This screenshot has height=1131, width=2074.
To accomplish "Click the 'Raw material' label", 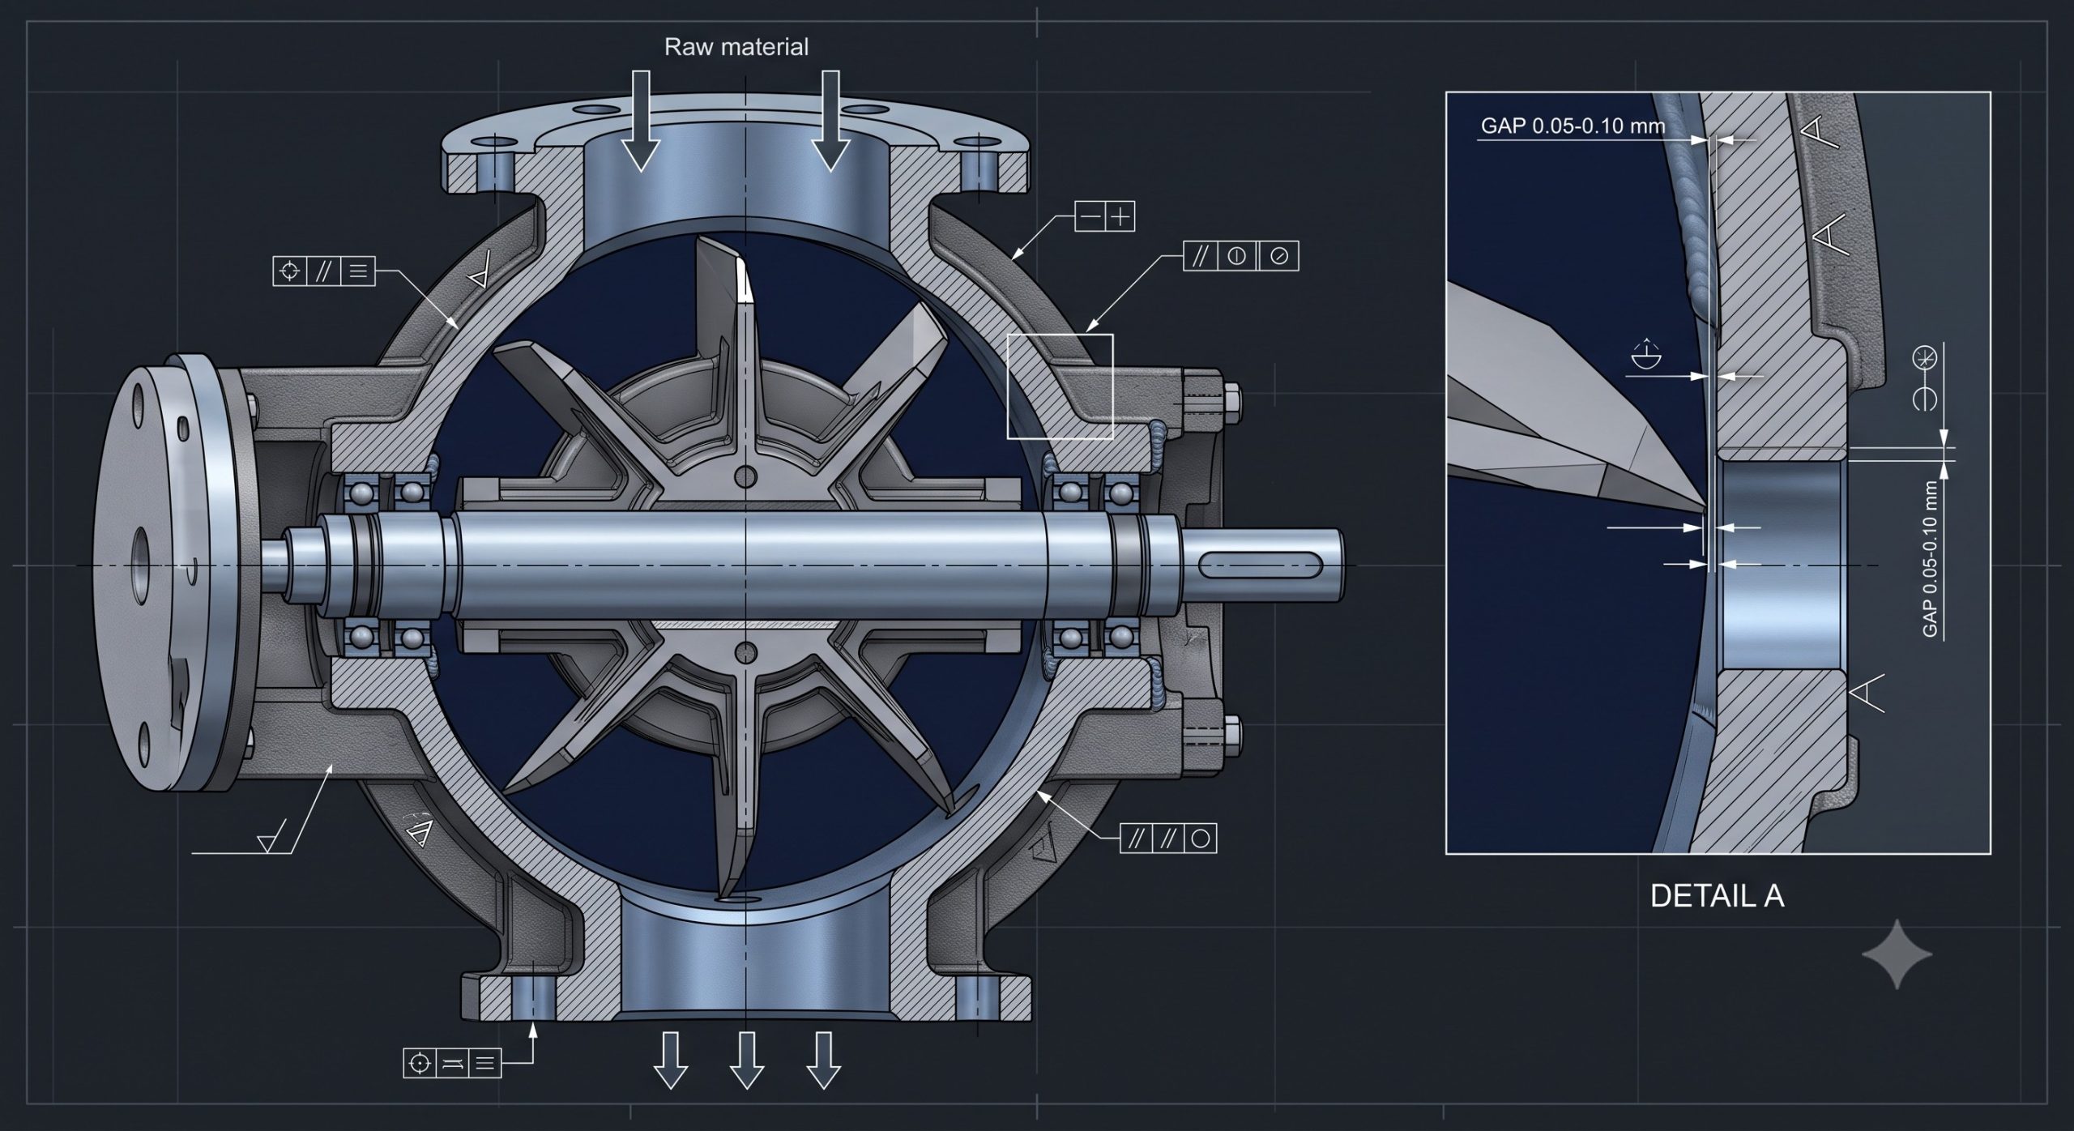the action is coord(736,47).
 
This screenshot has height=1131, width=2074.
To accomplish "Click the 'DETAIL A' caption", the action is coord(1717,895).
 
